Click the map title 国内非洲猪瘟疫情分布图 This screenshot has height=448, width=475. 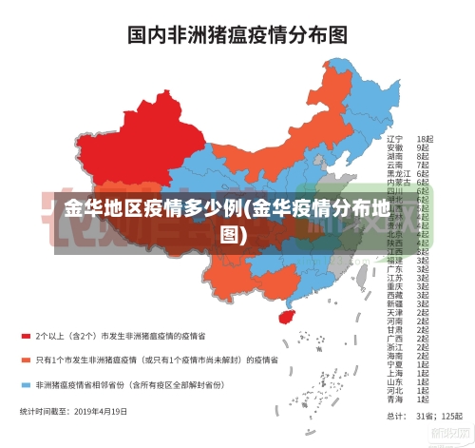pos(237,35)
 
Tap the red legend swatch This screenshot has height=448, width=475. pos(26,336)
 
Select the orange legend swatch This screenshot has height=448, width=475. pos(26,360)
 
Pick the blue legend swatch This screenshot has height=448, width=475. pos(26,385)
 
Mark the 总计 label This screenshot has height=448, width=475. pos(395,416)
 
